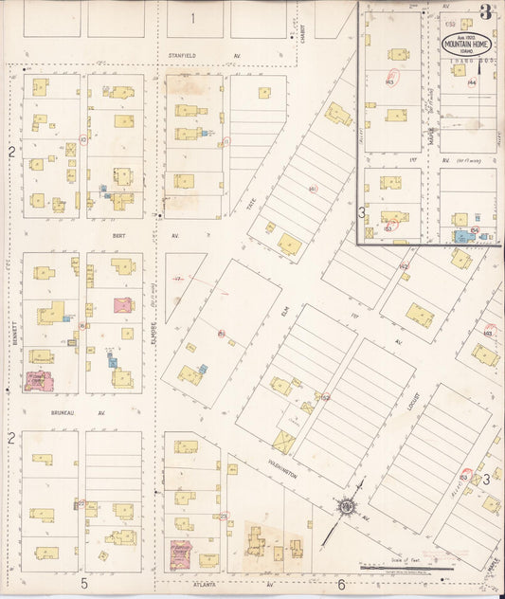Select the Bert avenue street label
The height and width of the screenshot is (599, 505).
[x=118, y=234]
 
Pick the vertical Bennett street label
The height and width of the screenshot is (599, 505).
[x=14, y=336]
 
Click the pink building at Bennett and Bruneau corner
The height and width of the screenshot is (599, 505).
[x=39, y=382]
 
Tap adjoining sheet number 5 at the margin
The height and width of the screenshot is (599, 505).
[x=83, y=583]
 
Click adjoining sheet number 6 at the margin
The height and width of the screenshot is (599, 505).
[x=340, y=584]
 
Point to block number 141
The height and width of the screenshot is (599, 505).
[x=312, y=189]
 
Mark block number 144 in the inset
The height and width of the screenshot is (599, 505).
[x=471, y=83]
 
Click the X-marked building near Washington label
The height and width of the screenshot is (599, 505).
[x=282, y=442]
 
